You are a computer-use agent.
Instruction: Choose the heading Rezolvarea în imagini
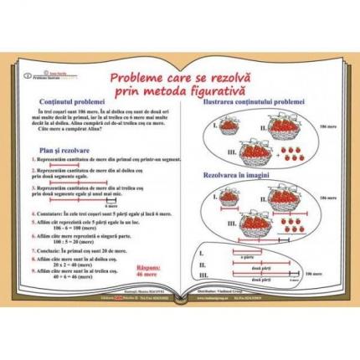pyautogui.click(x=249, y=178)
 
